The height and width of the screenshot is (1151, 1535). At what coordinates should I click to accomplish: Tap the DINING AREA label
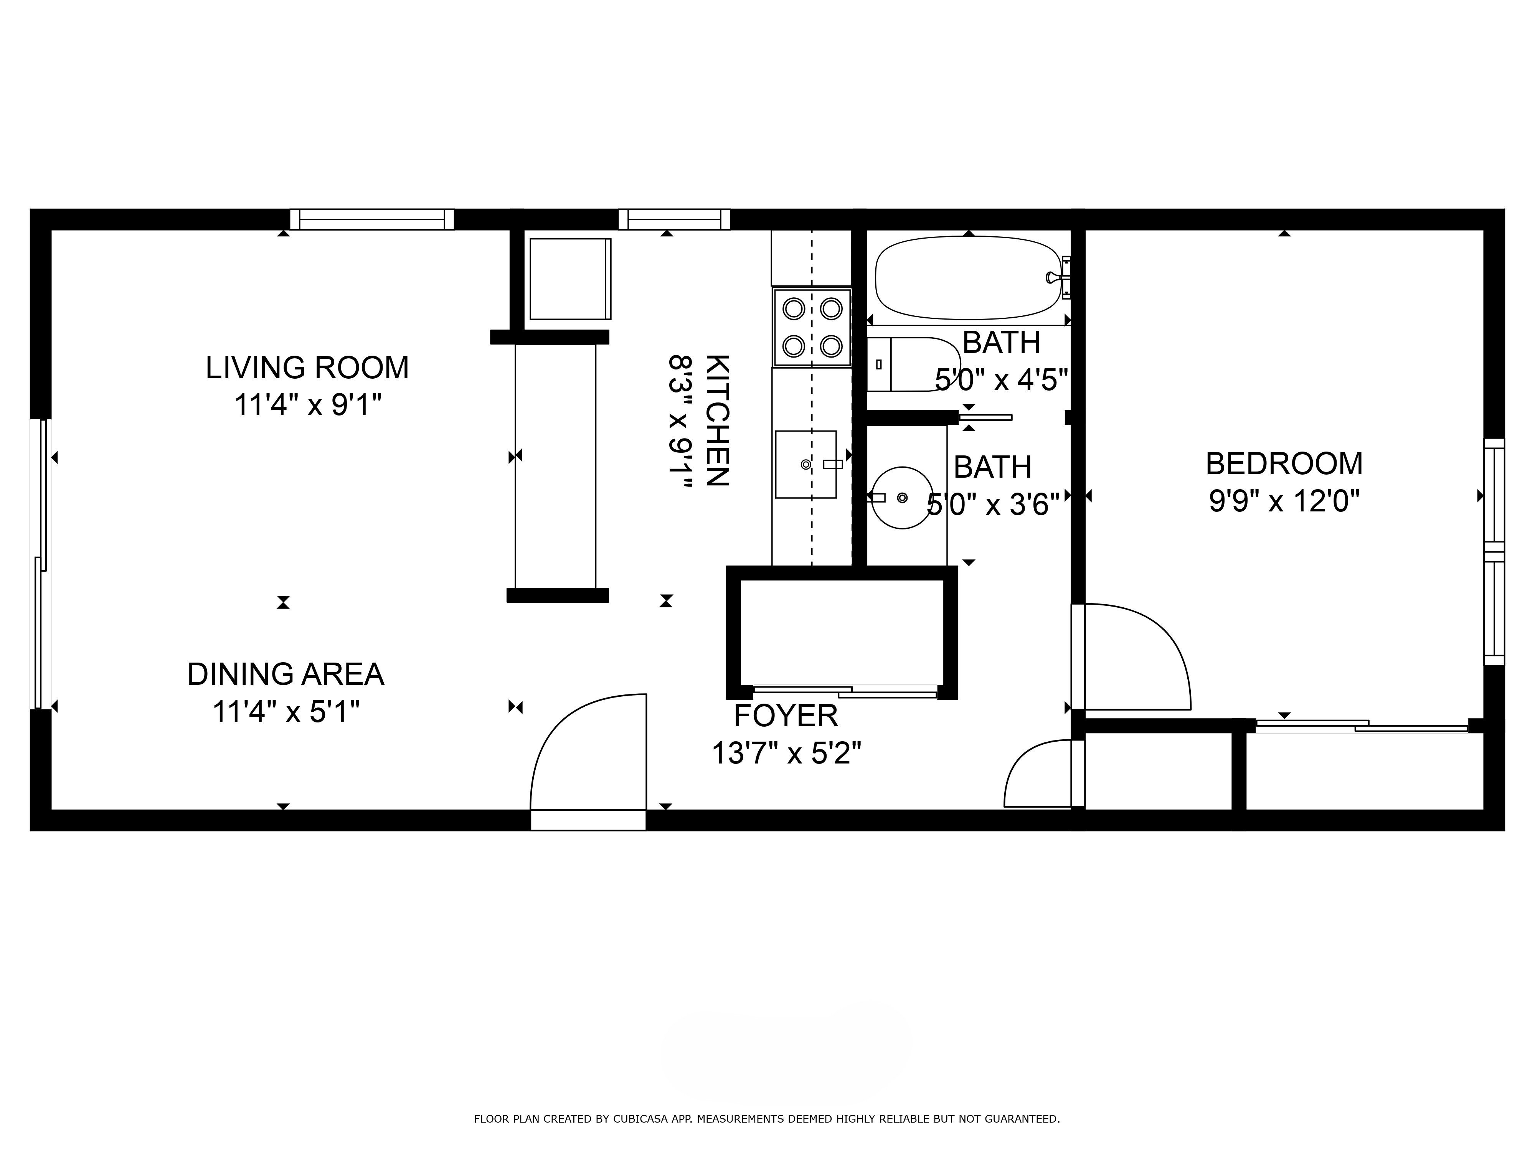pos(286,674)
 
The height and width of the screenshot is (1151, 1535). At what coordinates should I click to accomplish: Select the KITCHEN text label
pos(718,420)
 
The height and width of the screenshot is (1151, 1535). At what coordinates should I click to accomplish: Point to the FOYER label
pos(786,715)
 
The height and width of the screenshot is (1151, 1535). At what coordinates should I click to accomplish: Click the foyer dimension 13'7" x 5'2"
pos(786,753)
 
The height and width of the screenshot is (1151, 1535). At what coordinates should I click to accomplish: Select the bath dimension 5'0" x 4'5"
pos(1001,379)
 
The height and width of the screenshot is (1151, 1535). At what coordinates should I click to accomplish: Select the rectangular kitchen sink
pos(806,464)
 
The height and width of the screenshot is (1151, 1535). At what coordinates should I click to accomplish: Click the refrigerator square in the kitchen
pos(570,279)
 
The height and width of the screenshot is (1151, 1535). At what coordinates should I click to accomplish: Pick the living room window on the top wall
pos(372,219)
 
